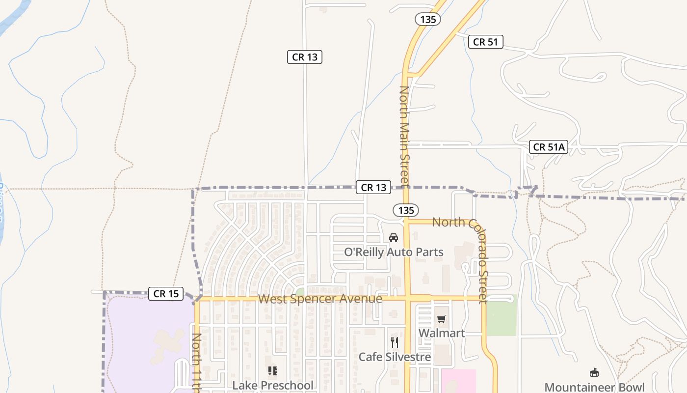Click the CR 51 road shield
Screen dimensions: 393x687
point(485,42)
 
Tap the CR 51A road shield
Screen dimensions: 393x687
point(549,146)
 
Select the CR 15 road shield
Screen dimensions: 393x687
point(166,294)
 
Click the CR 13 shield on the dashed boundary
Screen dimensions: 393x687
point(373,187)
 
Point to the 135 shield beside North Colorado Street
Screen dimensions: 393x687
point(406,210)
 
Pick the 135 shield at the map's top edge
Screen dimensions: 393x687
point(428,19)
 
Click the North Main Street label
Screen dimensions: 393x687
point(404,136)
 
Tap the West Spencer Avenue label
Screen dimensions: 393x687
point(320,299)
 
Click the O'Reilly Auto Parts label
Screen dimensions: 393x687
point(394,252)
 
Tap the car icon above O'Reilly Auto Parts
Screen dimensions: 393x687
point(394,238)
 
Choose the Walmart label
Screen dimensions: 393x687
point(441,333)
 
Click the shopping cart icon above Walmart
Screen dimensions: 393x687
point(441,319)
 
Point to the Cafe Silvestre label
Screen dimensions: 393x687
point(395,357)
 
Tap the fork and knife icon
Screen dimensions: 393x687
point(394,342)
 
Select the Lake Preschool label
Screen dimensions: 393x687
point(272,385)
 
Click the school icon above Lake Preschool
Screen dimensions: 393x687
point(272,371)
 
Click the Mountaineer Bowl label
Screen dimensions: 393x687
point(594,387)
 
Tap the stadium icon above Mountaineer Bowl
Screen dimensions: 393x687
point(594,372)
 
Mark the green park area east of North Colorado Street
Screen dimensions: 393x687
point(502,315)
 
